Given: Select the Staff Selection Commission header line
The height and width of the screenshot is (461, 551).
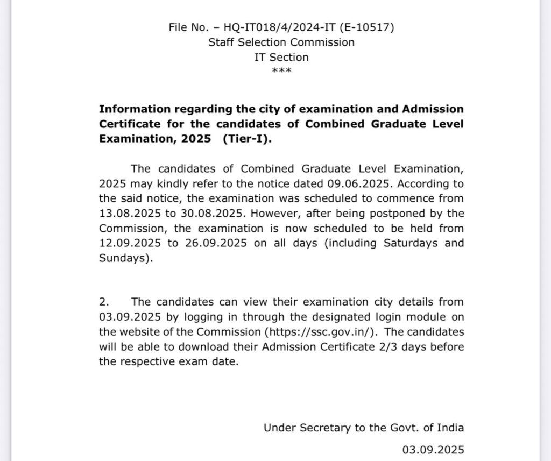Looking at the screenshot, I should (281, 42).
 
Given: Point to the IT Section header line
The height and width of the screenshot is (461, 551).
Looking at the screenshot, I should (281, 57).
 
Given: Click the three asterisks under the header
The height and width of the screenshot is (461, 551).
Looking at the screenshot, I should (281, 71).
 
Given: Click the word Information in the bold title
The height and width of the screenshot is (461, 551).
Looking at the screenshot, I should (132, 109).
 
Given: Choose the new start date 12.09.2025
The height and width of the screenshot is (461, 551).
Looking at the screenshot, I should (131, 243).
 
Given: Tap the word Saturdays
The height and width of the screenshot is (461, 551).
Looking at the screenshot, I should (409, 243).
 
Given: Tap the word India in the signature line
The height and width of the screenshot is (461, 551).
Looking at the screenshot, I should (449, 428).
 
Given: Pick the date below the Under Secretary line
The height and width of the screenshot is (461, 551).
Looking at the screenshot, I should (433, 449).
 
